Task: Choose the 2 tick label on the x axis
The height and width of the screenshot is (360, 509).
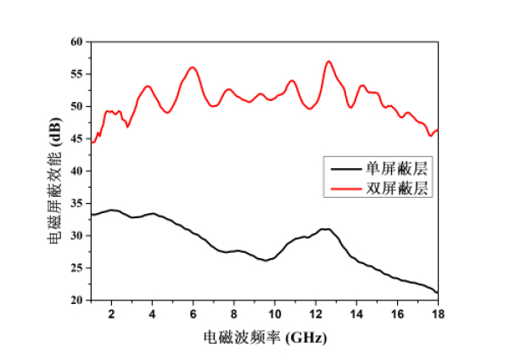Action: click(111, 313)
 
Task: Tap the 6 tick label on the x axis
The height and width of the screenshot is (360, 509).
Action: click(193, 313)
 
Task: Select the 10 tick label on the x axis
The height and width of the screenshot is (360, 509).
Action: click(275, 313)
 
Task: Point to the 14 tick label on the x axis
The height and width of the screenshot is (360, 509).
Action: click(356, 313)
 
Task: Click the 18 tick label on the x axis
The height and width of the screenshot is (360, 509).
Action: click(438, 313)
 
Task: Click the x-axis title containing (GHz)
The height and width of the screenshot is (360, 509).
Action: click(264, 336)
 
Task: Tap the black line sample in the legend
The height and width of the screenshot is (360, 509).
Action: click(345, 167)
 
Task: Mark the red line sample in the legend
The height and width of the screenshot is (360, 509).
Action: click(345, 188)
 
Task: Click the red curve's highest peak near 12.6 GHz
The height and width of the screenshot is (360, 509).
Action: click(328, 61)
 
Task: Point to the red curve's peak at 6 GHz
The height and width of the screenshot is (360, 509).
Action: click(193, 67)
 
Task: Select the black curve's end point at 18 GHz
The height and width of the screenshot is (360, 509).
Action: click(438, 293)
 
